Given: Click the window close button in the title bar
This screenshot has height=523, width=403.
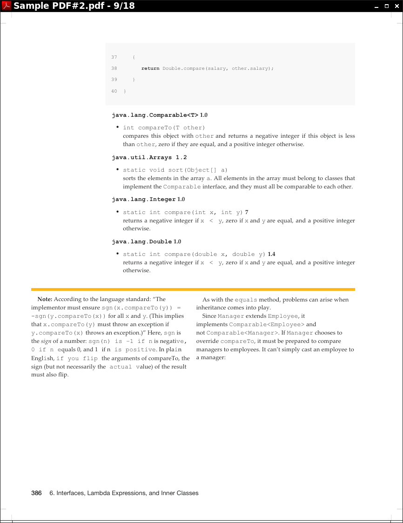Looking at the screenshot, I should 396,6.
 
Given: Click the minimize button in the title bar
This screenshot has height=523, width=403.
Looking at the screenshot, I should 377,6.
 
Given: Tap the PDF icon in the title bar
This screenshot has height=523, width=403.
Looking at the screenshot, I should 6,6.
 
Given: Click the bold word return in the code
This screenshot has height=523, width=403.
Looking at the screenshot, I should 150,68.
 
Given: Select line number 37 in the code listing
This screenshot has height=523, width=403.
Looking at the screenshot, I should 114,57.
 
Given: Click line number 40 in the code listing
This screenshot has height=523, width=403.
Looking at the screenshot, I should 114,91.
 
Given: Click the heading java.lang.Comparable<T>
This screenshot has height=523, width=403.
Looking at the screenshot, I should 155,115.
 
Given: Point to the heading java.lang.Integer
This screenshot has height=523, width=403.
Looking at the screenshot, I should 143,200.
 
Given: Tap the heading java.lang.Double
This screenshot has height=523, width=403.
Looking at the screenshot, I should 141,242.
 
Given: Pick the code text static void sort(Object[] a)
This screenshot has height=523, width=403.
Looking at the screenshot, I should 175,170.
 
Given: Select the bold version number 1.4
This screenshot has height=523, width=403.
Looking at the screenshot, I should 272,254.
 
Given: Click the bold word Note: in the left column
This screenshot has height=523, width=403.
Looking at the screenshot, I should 45,300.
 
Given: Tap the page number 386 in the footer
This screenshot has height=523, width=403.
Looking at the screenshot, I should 36,493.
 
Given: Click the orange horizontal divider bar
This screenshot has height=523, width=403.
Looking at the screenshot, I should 193,289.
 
